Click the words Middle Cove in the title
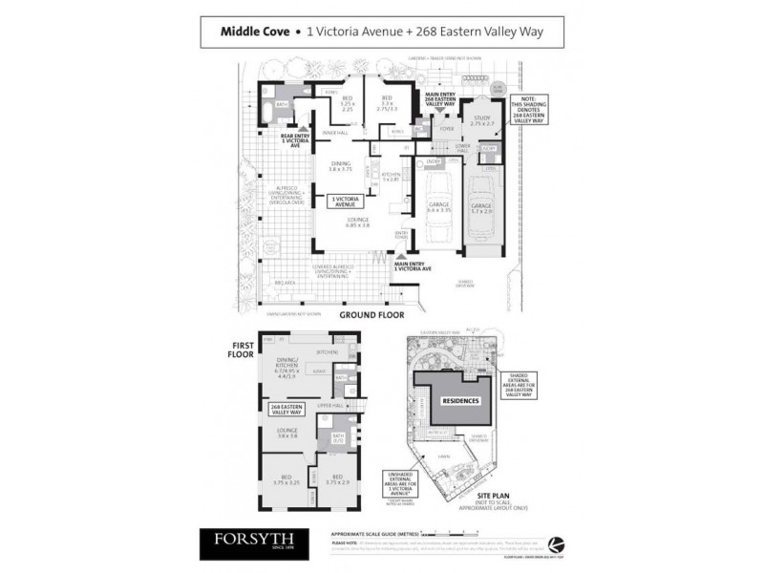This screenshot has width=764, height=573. point(254,32)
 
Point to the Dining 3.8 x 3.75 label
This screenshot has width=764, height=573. point(341,165)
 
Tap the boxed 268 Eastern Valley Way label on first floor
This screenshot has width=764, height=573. point(286,411)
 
